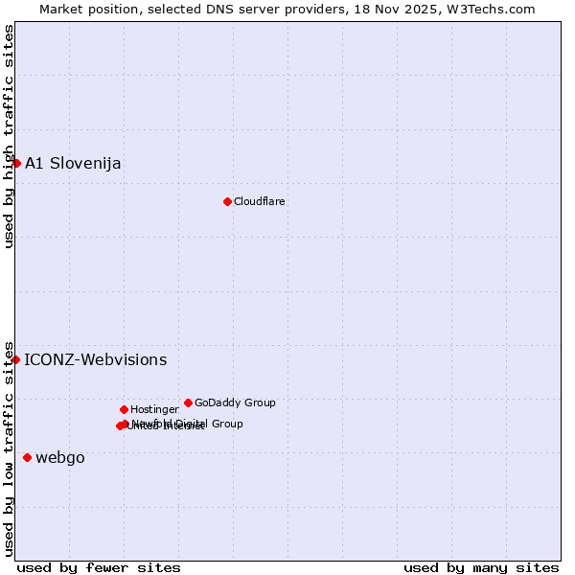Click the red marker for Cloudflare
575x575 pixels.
(x=227, y=201)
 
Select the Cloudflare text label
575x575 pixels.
(x=259, y=201)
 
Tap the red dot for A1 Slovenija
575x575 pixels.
(x=16, y=163)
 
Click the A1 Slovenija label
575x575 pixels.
(x=73, y=163)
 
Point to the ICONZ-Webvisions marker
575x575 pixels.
(x=15, y=359)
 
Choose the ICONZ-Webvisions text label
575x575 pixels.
(x=95, y=360)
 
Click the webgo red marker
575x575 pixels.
(x=27, y=457)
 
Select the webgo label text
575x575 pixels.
(x=60, y=458)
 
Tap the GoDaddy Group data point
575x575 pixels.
(x=188, y=402)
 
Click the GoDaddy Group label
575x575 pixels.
(x=235, y=402)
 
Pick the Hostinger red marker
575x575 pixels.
(x=124, y=409)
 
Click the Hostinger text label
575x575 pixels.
(x=154, y=409)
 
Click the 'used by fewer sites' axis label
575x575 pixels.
(x=99, y=567)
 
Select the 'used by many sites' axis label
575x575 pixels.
(x=481, y=567)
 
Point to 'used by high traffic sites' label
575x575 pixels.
(x=9, y=136)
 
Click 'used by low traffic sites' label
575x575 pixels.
(x=9, y=448)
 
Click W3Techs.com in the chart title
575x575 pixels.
(x=500, y=9)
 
